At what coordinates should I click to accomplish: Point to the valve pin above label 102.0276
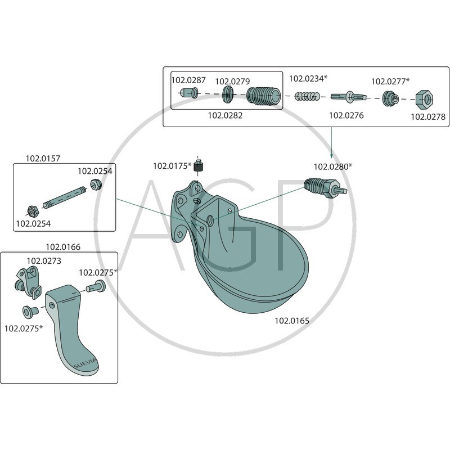click(349, 98)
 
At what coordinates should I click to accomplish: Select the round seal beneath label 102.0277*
click(389, 98)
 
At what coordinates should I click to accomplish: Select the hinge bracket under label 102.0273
click(27, 281)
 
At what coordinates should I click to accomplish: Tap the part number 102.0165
click(291, 321)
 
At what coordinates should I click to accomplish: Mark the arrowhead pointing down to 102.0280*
click(332, 156)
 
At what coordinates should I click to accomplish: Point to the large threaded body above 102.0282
click(263, 98)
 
